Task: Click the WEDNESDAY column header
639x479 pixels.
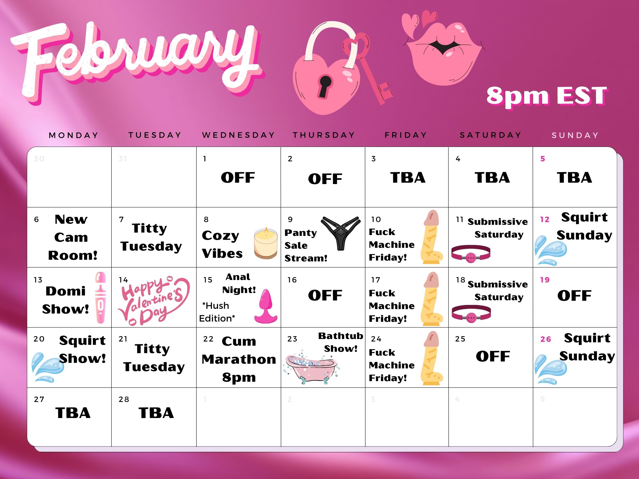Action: (x=239, y=135)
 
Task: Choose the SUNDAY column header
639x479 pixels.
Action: (x=575, y=135)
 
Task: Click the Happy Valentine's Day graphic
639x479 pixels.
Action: (x=154, y=300)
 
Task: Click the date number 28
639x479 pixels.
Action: (x=124, y=399)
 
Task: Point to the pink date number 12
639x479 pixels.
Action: (x=544, y=220)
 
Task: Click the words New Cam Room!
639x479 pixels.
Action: (x=72, y=237)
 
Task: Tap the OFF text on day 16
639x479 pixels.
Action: (x=325, y=295)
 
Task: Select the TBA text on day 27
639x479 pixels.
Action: (x=73, y=413)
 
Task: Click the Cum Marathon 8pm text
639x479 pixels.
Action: (x=239, y=360)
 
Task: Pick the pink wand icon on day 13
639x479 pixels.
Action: (x=100, y=297)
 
